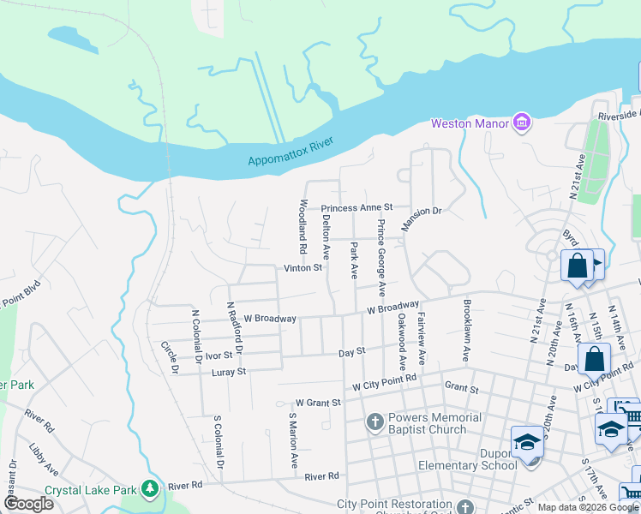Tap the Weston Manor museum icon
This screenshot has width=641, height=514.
coord(521,123)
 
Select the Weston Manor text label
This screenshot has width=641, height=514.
coord(470,123)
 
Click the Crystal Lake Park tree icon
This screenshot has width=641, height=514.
coord(151,488)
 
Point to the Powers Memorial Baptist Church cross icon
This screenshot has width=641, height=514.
coord(374,421)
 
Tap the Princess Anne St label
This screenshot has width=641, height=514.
coord(356,208)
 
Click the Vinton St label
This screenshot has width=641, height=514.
coord(303,268)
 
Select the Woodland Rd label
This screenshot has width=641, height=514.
coord(303,227)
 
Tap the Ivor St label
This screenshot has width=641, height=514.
coord(219,355)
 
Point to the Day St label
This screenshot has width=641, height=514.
coord(352,351)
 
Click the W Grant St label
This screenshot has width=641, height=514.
coord(318,402)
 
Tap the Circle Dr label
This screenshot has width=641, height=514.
coord(169,357)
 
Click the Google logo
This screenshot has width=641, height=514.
coord(28,504)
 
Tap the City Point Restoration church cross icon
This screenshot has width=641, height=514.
coord(464,505)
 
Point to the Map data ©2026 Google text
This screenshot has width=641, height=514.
coord(586,507)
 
